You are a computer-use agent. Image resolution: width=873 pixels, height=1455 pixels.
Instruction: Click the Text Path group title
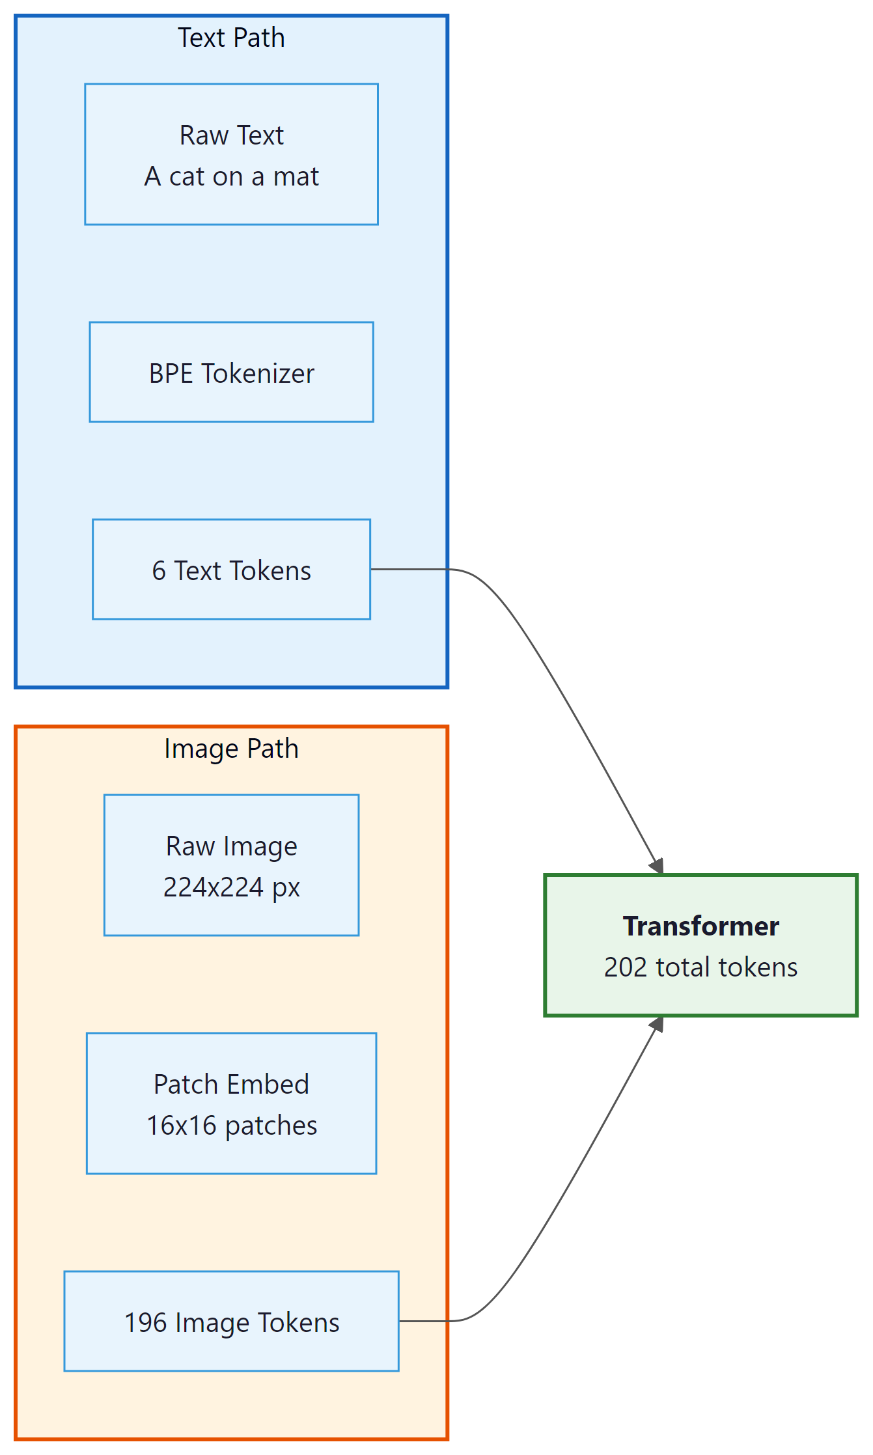click(231, 38)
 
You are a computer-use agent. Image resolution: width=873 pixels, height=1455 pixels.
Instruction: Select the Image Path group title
click(231, 749)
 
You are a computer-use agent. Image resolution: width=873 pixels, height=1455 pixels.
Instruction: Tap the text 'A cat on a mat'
click(231, 176)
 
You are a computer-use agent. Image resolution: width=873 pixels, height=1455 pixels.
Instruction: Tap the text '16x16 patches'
click(231, 1126)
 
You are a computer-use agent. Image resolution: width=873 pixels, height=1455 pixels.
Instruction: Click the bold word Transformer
click(700, 926)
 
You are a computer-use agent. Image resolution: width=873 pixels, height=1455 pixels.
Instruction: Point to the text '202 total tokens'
click(700, 967)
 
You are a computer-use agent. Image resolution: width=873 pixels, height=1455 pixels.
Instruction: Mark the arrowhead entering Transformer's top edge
click(658, 866)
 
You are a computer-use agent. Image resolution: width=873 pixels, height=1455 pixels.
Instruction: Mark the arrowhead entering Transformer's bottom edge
click(658, 1025)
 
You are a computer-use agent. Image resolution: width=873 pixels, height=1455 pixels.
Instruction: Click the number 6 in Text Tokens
click(159, 571)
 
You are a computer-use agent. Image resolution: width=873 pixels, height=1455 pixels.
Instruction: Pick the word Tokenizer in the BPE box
click(258, 374)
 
